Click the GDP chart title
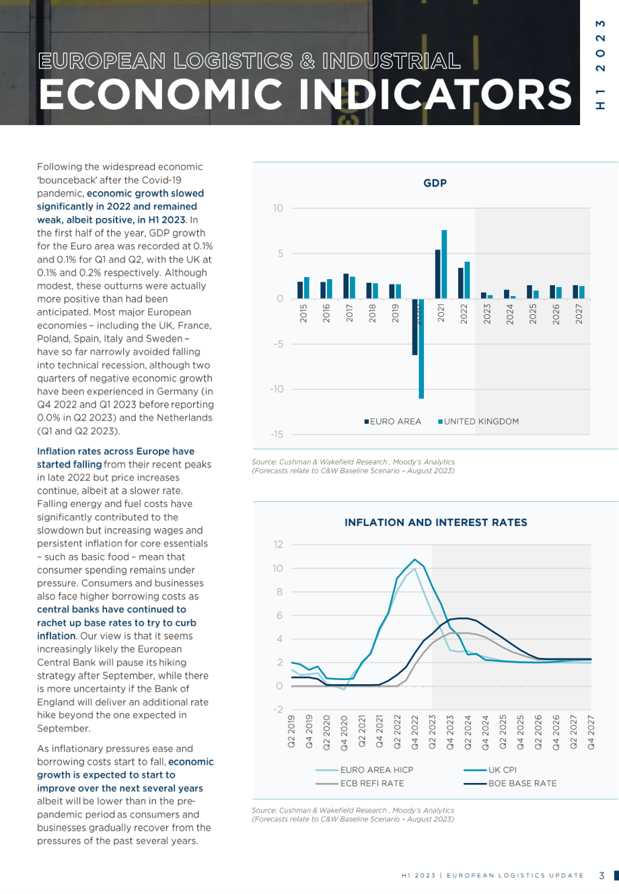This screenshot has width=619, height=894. point(435,183)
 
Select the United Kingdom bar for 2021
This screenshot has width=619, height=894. point(444,264)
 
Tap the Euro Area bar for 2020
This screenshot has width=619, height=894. point(414,327)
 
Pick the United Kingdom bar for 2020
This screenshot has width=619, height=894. point(421,348)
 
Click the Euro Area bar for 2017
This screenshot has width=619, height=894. point(346,286)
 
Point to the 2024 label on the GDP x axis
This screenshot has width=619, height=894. point(509,313)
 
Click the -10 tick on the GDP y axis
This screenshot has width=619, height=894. point(277,389)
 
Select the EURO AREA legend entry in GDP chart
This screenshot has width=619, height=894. point(393,422)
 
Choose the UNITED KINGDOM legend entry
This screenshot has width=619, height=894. point(478,422)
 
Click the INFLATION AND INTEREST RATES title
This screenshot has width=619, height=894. point(435,523)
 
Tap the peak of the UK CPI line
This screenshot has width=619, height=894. point(414,559)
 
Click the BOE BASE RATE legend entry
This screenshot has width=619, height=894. point(510,783)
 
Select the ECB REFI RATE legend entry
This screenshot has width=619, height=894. point(359,783)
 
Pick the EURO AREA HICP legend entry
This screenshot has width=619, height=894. point(365,770)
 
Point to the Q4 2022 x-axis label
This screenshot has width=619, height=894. point(414,732)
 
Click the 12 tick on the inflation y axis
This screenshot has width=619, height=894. point(278,544)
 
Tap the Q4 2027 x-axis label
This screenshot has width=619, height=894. point(591,732)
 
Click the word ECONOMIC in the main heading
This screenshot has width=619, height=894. point(161,94)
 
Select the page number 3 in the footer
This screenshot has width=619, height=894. point(602,875)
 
